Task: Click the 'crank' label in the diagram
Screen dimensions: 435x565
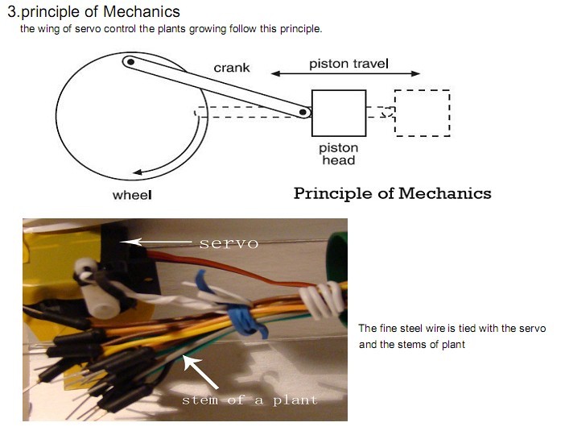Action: click(x=232, y=68)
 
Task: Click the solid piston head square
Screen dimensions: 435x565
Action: click(x=339, y=113)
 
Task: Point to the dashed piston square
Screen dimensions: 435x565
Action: click(x=422, y=113)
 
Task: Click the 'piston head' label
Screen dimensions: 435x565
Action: click(x=339, y=154)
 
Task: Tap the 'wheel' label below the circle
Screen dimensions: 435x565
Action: click(x=132, y=195)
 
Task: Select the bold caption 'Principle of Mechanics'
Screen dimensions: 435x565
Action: click(x=392, y=193)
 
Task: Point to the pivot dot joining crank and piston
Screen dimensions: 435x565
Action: click(x=304, y=113)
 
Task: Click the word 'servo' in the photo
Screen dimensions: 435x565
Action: click(x=229, y=243)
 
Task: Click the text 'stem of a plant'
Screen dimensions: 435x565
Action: click(x=250, y=400)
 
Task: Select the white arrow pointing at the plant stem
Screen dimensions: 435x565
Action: click(x=201, y=372)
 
